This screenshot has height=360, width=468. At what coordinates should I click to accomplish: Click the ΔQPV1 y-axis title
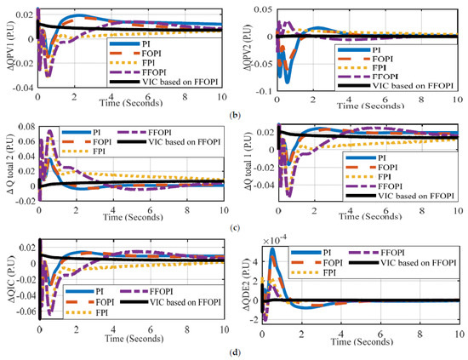coord(8,48)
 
